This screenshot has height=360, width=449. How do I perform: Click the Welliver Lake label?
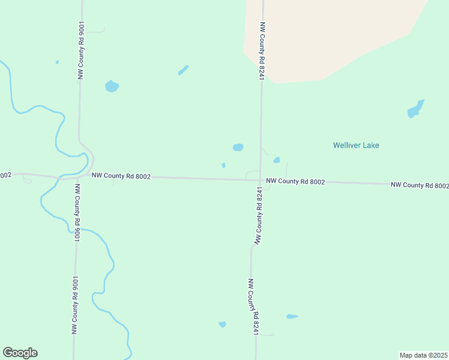pos(356,145)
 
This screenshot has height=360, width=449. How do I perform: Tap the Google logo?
pos(20,353)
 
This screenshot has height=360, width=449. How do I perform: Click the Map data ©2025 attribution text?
pos(424,355)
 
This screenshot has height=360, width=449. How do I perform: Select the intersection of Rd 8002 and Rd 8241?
pos(260,179)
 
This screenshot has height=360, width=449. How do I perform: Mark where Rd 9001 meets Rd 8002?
pos(77,177)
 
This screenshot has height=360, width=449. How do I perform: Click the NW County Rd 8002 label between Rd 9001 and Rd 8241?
pos(121,176)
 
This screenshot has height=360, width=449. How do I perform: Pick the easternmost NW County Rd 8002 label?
pos(420,185)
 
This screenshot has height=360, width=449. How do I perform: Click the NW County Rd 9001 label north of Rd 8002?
pos(80,50)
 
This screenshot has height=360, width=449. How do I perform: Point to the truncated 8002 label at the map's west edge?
pos(5,175)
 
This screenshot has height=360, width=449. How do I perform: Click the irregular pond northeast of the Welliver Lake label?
pos(415,109)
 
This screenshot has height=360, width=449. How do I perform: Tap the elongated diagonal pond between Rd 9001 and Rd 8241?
pos(183,70)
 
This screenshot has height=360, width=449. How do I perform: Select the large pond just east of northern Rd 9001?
pos(112,86)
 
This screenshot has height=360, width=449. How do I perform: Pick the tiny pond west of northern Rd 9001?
pos(57,62)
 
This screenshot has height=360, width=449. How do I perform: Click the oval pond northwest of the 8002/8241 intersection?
pos(238,147)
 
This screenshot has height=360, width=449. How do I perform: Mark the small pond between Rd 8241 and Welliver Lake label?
pos(277,160)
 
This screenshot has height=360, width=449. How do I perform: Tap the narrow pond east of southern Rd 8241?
pos(292,316)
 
